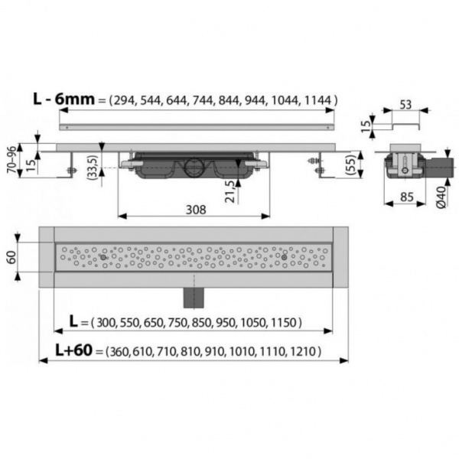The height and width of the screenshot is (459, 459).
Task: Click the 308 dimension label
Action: point(196,210)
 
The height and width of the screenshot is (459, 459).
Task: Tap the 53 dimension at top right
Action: point(405,105)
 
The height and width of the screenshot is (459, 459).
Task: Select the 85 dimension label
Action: point(407,197)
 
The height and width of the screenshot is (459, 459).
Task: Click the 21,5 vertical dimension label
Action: point(231,191)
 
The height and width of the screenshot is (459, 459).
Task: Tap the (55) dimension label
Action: point(350,164)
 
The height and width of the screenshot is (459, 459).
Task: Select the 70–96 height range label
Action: point(12,160)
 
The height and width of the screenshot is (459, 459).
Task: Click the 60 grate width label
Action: point(11,257)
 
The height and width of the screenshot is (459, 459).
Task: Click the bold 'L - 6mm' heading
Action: point(63,99)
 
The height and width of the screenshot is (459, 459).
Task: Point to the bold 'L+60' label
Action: point(73,350)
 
